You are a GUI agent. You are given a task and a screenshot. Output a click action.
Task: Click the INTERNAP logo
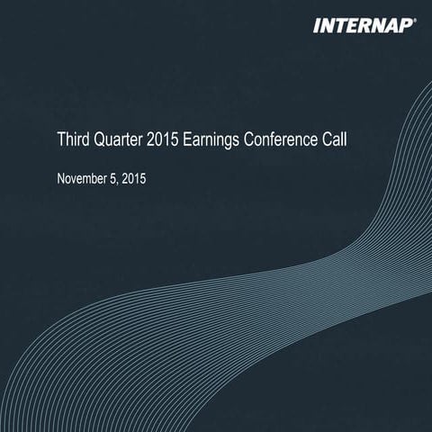[364, 25]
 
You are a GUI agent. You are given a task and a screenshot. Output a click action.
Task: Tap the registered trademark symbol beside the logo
[415, 19]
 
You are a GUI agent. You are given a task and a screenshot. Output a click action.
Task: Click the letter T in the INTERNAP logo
[338, 25]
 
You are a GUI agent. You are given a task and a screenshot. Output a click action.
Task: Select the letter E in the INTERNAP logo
[352, 25]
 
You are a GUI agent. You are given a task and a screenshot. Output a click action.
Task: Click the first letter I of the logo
[316, 25]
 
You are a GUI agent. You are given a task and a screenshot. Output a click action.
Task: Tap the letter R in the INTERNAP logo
[364, 25]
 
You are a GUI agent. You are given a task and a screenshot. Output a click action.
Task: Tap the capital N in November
[61, 178]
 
